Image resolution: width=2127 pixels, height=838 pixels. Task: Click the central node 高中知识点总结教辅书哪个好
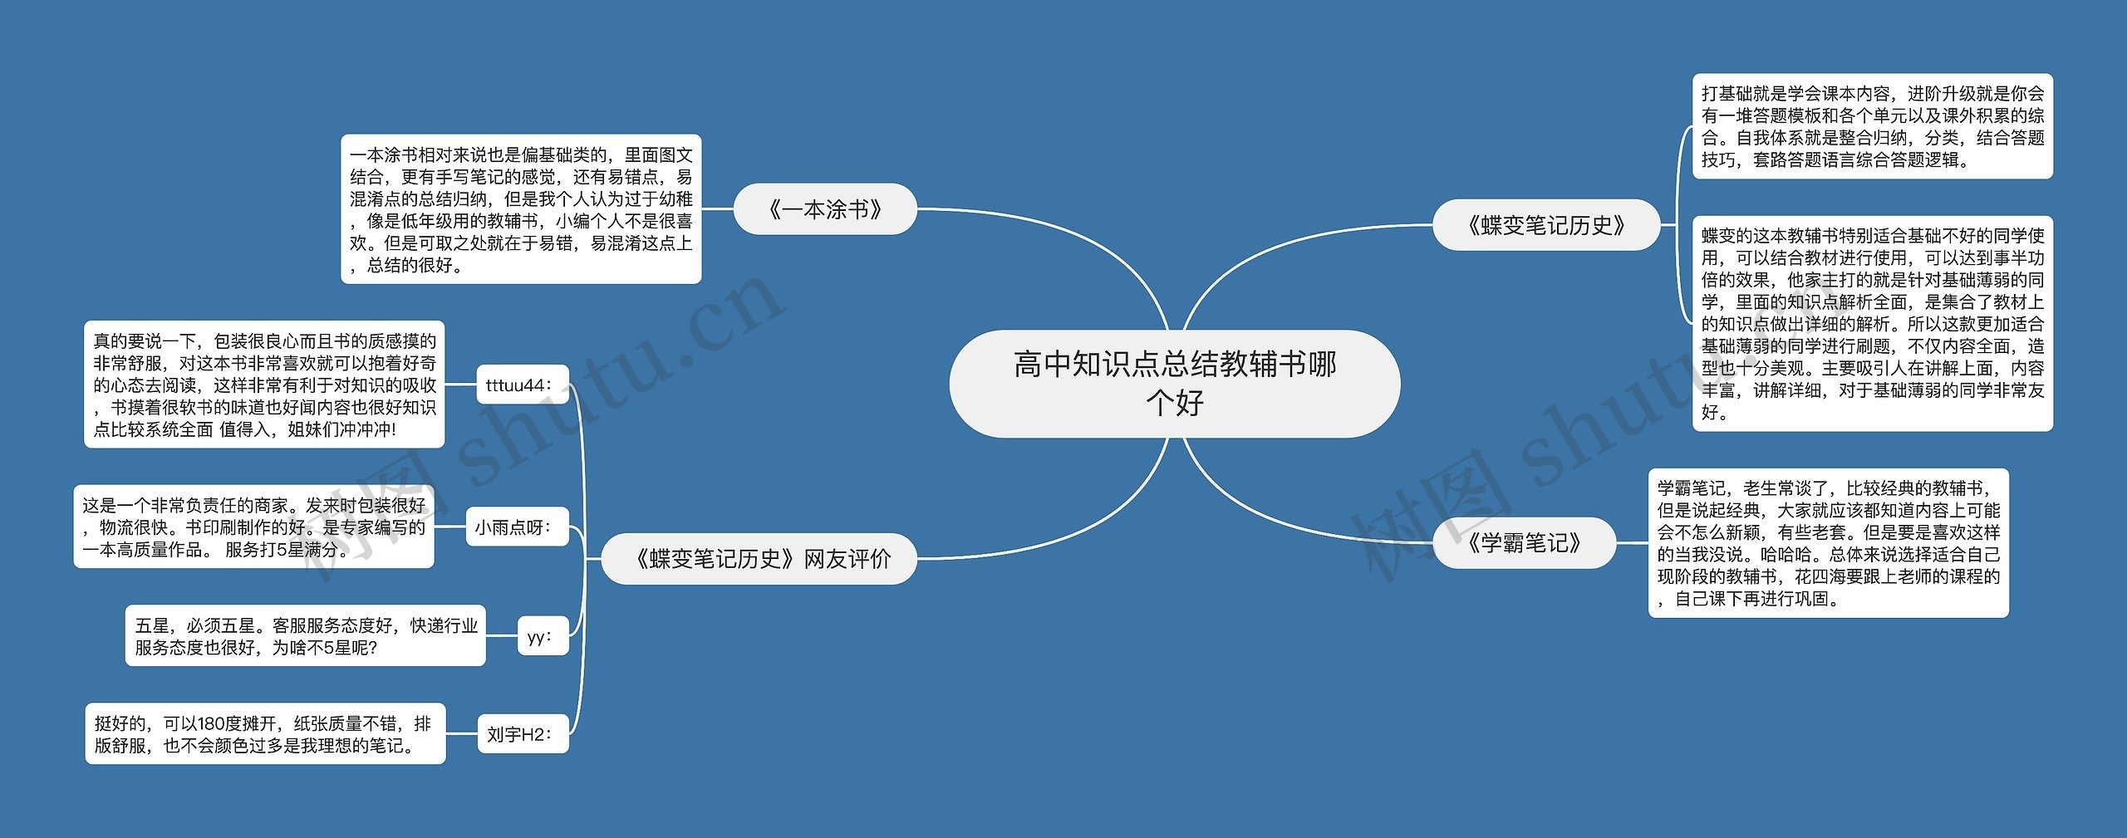(x=1174, y=384)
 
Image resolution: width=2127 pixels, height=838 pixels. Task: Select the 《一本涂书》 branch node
(x=825, y=209)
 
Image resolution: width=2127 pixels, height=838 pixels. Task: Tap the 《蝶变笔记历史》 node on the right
(x=1545, y=225)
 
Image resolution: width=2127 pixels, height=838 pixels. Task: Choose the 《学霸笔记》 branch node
(x=1524, y=543)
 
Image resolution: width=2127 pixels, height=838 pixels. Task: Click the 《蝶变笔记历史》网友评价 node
(x=759, y=559)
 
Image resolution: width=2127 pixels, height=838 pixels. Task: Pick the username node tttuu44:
(x=522, y=385)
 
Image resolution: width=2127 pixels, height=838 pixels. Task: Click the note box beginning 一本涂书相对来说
(x=521, y=209)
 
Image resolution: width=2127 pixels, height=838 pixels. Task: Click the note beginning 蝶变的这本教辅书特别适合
(x=1872, y=324)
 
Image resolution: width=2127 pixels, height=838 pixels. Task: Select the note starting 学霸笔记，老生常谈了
(x=1828, y=543)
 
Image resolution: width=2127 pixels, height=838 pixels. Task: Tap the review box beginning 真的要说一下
(x=264, y=385)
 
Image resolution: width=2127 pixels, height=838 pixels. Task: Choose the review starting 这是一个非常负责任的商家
(x=253, y=527)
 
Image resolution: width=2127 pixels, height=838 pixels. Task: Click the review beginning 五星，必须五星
(x=305, y=636)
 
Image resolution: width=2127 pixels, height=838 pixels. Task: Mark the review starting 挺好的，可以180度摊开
(x=265, y=733)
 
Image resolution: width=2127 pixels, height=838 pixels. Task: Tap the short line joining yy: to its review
(x=501, y=636)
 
